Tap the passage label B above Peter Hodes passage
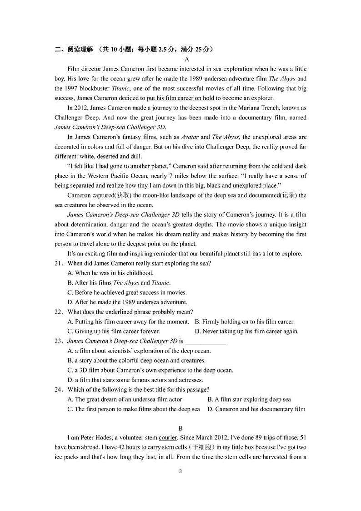tap(180, 429)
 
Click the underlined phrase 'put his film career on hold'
tap(180, 98)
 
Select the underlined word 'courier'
tap(167, 438)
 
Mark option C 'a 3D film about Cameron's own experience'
tap(150, 370)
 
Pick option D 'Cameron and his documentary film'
tap(256, 409)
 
